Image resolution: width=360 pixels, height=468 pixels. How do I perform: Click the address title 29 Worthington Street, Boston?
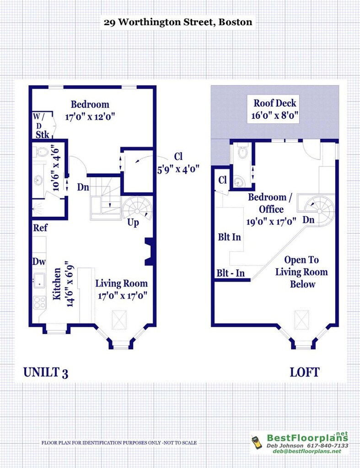click(178, 22)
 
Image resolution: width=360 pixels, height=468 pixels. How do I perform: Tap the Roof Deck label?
click(274, 103)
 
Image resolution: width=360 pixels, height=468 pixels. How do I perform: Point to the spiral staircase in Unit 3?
click(137, 210)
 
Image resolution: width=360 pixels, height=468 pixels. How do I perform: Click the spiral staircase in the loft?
click(319, 210)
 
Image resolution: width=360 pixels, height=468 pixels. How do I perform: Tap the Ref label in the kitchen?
click(40, 228)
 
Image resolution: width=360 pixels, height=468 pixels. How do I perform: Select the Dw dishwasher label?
click(39, 262)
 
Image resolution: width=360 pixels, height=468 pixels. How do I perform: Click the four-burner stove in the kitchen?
click(39, 302)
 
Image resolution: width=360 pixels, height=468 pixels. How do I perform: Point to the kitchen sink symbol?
click(39, 280)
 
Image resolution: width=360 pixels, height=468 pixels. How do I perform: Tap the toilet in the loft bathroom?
click(243, 152)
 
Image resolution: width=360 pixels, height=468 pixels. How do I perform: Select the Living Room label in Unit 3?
click(122, 283)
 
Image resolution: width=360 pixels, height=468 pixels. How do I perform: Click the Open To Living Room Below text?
click(301, 272)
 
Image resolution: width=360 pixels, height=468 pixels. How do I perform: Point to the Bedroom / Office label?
click(270, 203)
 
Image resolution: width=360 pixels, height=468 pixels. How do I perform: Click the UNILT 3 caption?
click(46, 372)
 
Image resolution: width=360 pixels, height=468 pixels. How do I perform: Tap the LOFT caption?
click(305, 372)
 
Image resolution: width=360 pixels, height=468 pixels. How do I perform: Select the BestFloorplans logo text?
click(307, 437)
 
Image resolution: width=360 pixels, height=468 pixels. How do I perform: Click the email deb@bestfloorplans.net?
click(307, 451)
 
